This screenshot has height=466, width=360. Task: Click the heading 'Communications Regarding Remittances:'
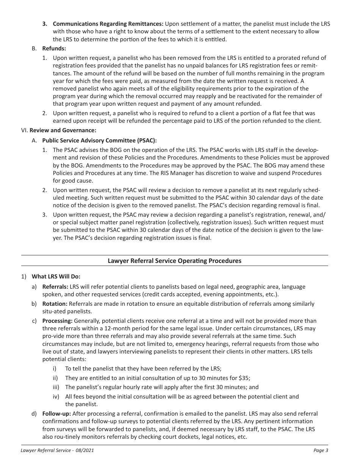pyautogui.click(x=108, y=23)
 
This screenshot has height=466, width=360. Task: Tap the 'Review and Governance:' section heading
pyautogui.click(x=63, y=130)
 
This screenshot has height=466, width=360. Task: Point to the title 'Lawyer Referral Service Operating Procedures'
pyautogui.click(x=174, y=261)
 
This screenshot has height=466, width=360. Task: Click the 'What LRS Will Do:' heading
pyautogui.click(x=56, y=277)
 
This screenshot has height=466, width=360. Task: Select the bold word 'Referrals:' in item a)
pyautogui.click(x=55, y=287)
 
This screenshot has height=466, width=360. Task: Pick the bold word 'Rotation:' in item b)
pyautogui.click(x=55, y=304)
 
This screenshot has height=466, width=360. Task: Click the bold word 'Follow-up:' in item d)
pyautogui.click(x=56, y=414)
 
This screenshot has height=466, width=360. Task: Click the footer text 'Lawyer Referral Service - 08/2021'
pyautogui.click(x=57, y=450)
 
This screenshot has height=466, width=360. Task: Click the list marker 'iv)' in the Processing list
pyautogui.click(x=56, y=397)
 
